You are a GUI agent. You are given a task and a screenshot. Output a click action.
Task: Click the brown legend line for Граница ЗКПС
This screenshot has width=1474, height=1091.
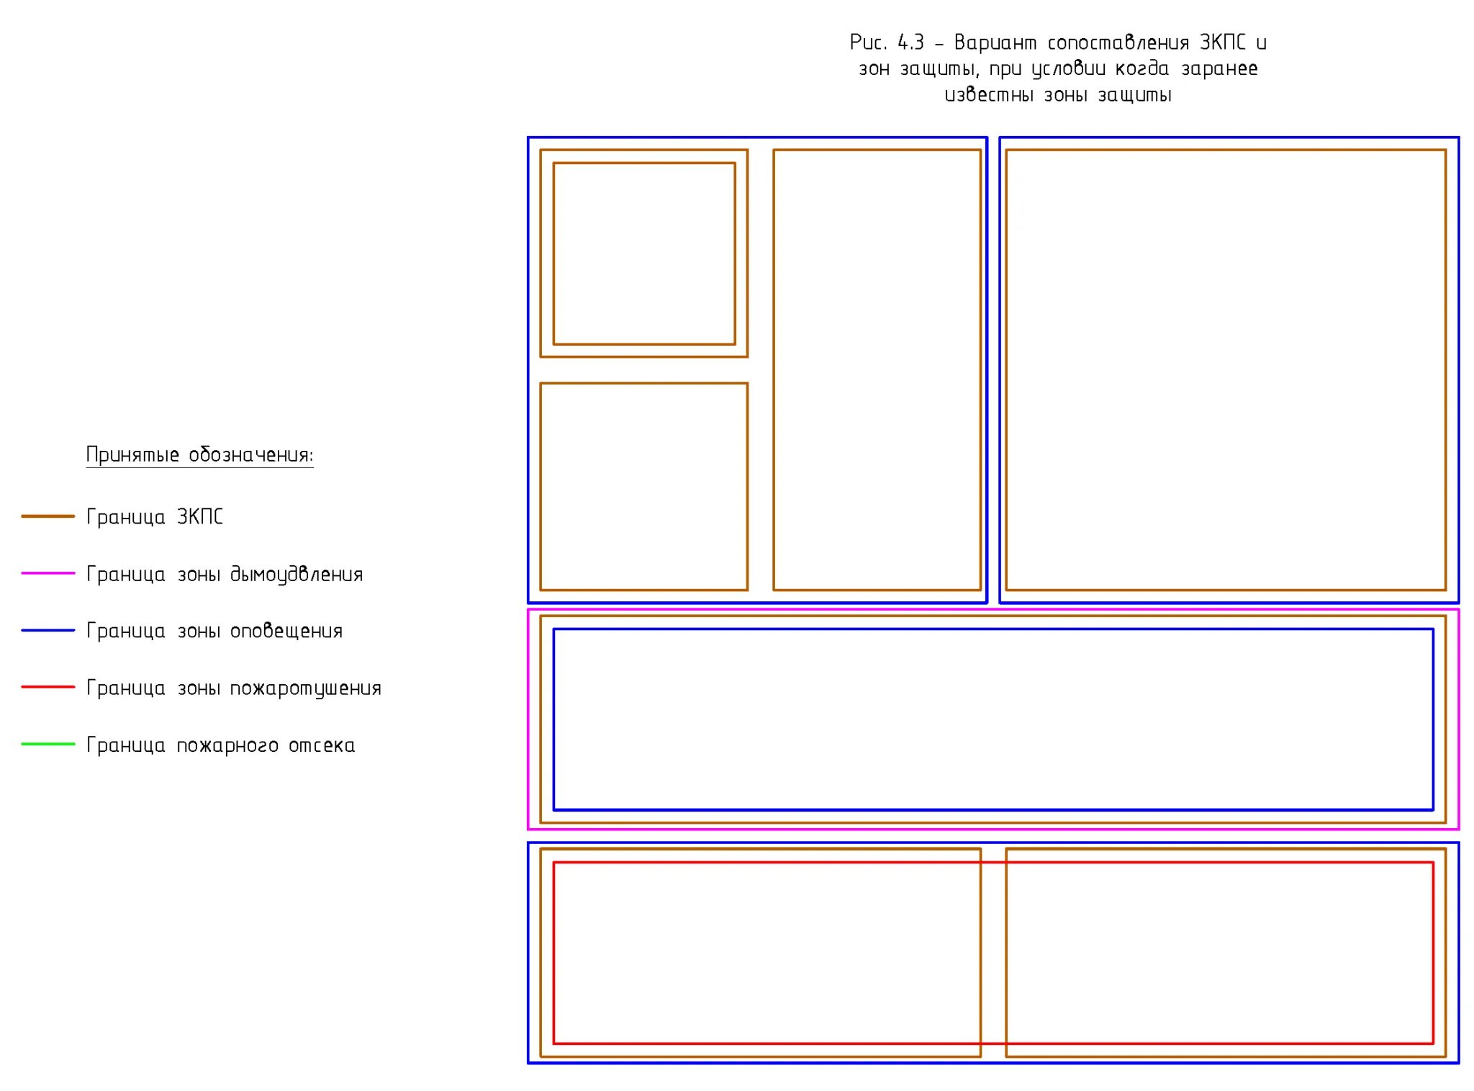pyautogui.click(x=48, y=516)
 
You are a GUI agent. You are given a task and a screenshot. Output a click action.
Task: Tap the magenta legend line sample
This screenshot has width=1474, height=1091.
pyautogui.click(x=48, y=573)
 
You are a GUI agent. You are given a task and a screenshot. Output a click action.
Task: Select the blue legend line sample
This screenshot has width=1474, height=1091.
pyautogui.click(x=48, y=630)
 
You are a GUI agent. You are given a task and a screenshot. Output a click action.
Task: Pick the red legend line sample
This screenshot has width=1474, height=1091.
pyautogui.click(x=48, y=687)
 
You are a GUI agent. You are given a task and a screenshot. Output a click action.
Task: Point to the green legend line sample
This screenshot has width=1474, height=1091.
pyautogui.click(x=48, y=744)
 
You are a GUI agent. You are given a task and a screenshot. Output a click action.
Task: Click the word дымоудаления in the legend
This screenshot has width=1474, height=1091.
pyautogui.click(x=297, y=575)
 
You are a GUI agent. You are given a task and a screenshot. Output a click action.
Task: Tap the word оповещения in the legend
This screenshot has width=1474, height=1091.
pyautogui.click(x=286, y=632)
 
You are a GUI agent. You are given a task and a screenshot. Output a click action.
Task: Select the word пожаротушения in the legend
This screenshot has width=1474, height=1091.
pyautogui.click(x=305, y=689)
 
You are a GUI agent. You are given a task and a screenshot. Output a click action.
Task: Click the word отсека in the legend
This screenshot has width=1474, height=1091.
pyautogui.click(x=322, y=745)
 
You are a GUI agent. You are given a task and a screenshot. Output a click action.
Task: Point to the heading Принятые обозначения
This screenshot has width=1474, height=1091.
pyautogui.click(x=199, y=455)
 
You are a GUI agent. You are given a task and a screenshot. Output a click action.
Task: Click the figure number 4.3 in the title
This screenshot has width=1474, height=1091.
pyautogui.click(x=910, y=42)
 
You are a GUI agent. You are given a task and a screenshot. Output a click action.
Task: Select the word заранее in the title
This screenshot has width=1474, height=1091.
pyautogui.click(x=1219, y=69)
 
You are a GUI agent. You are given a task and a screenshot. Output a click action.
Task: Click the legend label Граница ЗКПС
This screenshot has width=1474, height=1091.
pyautogui.click(x=155, y=517)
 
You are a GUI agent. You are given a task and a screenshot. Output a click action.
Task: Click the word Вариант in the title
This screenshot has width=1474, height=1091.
pyautogui.click(x=995, y=43)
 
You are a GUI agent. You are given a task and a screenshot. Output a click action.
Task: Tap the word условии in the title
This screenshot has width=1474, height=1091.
pyautogui.click(x=1070, y=69)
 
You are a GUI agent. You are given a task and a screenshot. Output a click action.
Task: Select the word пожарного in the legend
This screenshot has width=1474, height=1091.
pyautogui.click(x=227, y=746)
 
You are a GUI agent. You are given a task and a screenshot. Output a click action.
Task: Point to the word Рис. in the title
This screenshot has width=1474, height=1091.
pyautogui.click(x=867, y=42)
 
